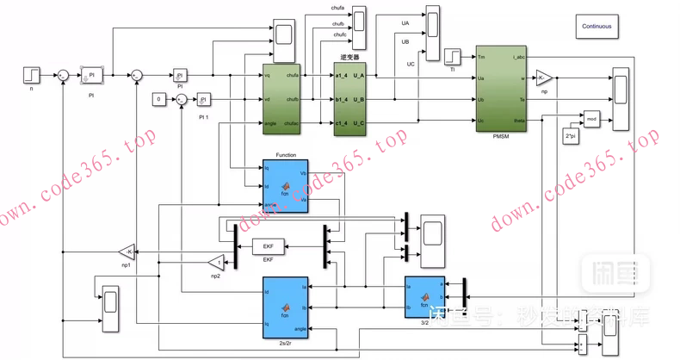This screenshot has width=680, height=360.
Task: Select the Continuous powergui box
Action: [x=597, y=26]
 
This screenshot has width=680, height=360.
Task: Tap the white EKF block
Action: [x=268, y=247]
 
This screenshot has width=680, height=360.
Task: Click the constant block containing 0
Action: [x=158, y=100]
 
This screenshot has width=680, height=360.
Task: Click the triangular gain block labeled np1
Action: [x=127, y=251]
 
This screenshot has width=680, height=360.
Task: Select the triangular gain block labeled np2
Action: [x=217, y=261]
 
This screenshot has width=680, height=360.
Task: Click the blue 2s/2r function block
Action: [x=285, y=307]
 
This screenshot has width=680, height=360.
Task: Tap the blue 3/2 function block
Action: [x=424, y=295]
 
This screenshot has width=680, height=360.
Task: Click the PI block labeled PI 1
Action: [x=203, y=100]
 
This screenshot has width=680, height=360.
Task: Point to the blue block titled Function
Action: [x=285, y=183]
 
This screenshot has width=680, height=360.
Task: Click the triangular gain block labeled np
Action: [x=543, y=78]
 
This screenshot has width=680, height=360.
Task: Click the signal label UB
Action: [x=405, y=41]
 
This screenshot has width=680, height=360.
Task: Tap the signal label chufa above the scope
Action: [x=337, y=8]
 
